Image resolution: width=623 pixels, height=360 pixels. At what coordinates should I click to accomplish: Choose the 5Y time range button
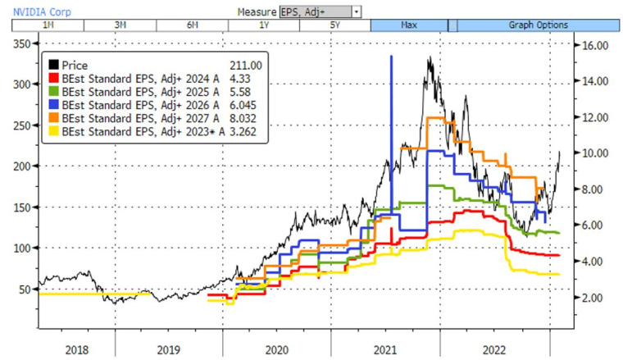tap(334, 25)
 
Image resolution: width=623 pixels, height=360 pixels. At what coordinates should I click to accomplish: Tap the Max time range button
tap(407, 25)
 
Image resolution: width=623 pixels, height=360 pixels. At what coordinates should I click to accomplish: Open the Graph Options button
tap(538, 25)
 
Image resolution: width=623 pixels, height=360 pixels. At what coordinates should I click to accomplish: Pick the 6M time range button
tap(193, 25)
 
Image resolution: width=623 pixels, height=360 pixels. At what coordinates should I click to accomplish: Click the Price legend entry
tap(75, 65)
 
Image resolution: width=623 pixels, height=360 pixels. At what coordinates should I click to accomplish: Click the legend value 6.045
tap(248, 104)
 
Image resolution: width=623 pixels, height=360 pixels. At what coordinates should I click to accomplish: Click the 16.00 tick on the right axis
tap(594, 46)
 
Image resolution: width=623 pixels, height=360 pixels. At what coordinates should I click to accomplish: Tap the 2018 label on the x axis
tap(77, 349)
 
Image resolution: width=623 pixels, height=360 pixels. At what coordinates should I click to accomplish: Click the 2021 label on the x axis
tap(385, 349)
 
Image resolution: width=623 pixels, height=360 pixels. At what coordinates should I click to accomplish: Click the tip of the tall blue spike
tap(392, 56)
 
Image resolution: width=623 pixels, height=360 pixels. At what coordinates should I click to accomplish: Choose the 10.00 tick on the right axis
tap(594, 153)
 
